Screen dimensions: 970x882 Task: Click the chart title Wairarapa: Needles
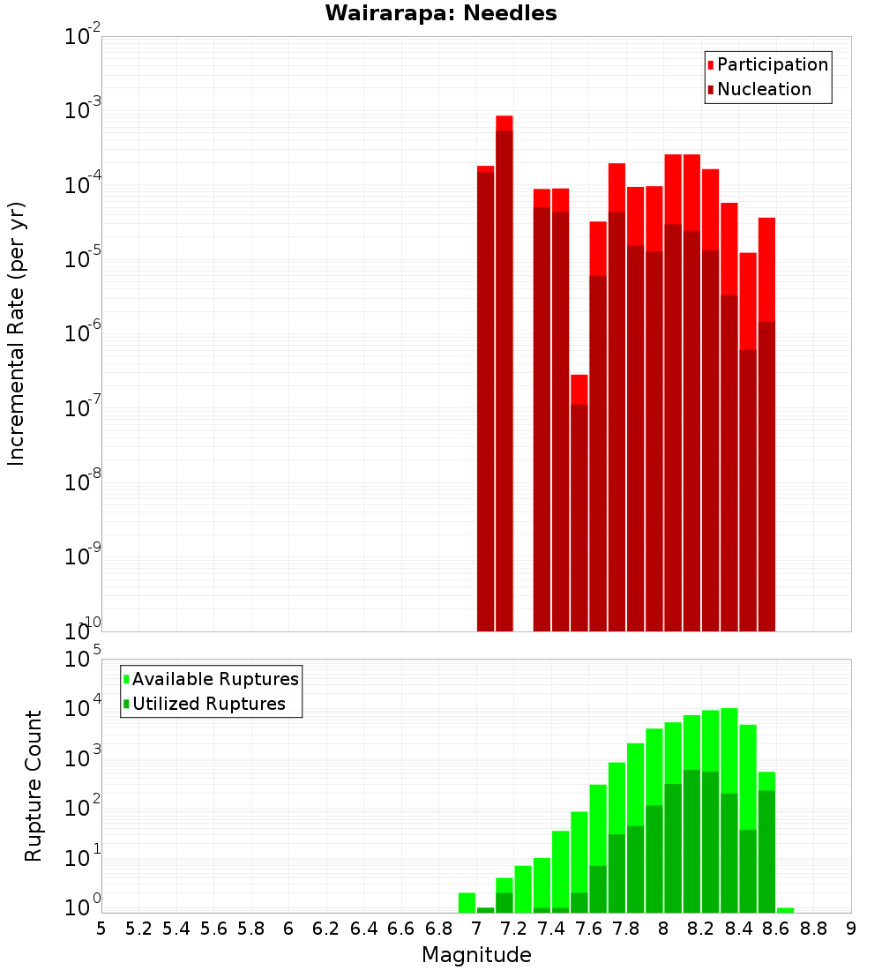[x=441, y=13]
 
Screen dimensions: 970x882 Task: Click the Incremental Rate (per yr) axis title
[x=16, y=333]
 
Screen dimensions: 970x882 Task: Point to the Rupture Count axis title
[x=34, y=785]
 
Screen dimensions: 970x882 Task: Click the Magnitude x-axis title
[x=476, y=955]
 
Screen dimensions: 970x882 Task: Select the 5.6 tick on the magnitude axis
[x=213, y=929]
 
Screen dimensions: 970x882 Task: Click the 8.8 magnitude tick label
[x=813, y=929]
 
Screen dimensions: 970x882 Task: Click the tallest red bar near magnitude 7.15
[x=504, y=370]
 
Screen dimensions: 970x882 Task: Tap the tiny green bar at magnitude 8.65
[x=785, y=910]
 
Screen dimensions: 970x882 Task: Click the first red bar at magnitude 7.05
[x=485, y=397]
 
